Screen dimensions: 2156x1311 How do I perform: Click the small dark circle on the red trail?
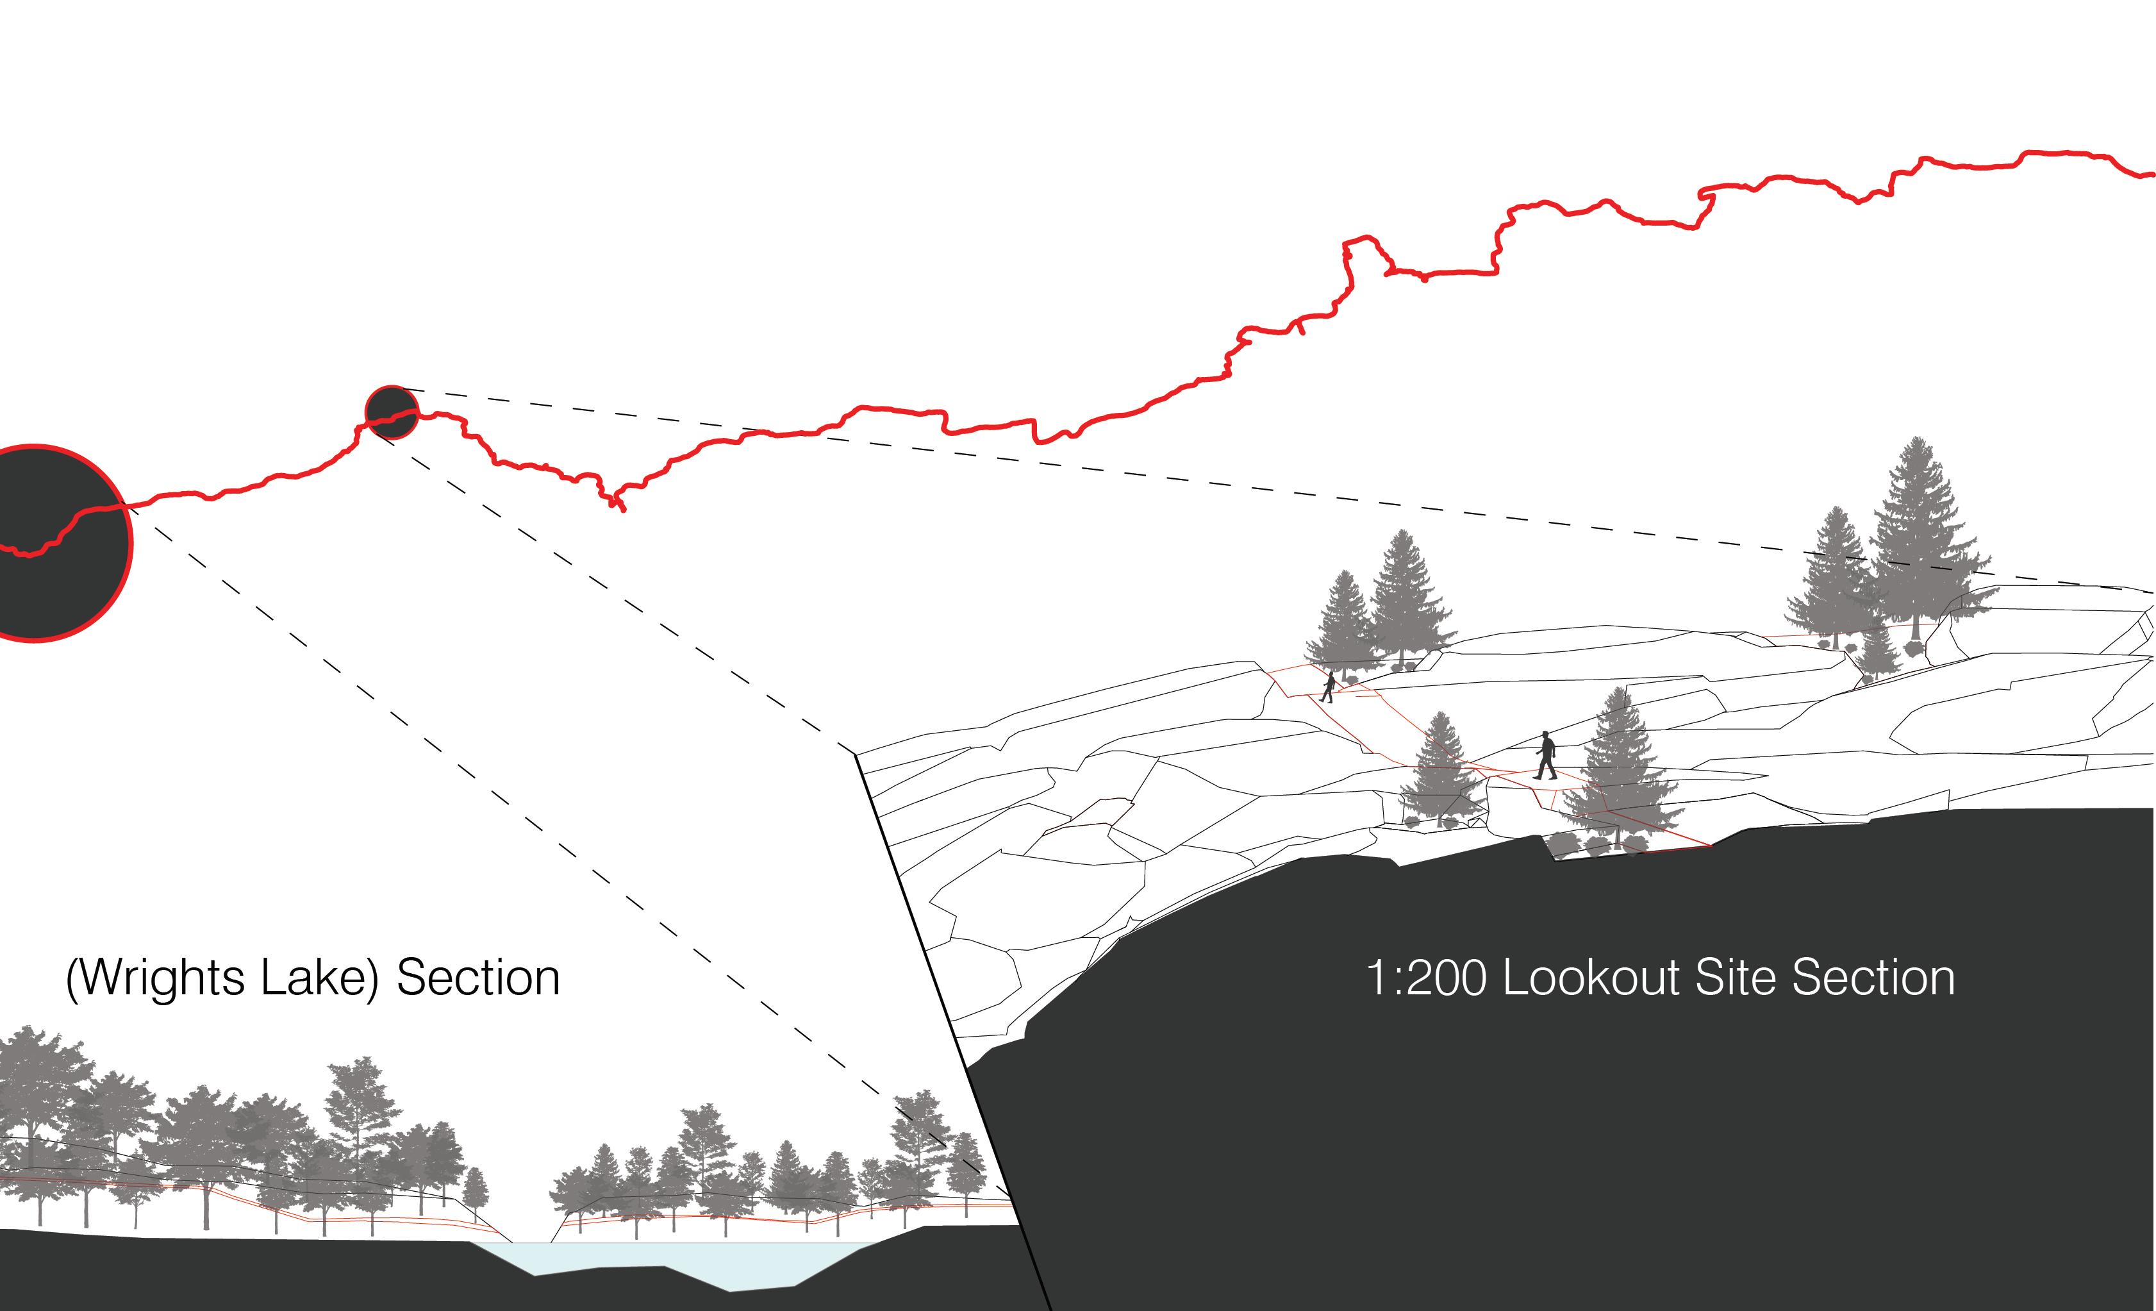coord(392,412)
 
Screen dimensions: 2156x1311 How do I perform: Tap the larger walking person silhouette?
coord(1546,755)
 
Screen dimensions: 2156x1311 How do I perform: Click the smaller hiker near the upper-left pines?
coord(1327,687)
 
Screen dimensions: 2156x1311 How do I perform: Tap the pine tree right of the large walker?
coord(1620,770)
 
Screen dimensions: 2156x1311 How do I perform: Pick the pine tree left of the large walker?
coord(1440,770)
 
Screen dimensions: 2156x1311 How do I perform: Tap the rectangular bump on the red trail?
coord(1365,254)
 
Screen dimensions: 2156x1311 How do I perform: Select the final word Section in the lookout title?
coord(1873,978)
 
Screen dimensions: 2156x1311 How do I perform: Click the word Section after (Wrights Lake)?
coord(477,978)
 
